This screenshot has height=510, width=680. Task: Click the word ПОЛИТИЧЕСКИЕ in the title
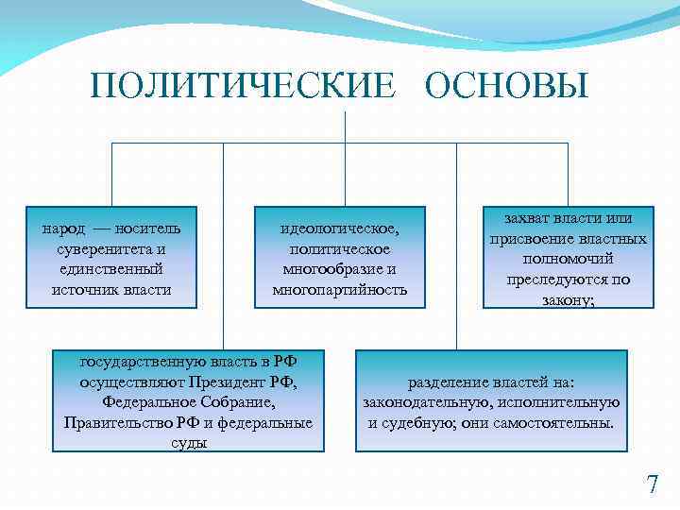242,86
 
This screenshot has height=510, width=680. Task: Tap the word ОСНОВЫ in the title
506,86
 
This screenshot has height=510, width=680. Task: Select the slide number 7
653,485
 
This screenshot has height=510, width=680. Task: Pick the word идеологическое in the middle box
339,229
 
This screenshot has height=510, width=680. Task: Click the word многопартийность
339,290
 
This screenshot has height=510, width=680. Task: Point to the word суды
188,443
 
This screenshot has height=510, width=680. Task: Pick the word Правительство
115,422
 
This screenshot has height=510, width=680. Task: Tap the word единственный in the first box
111,269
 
